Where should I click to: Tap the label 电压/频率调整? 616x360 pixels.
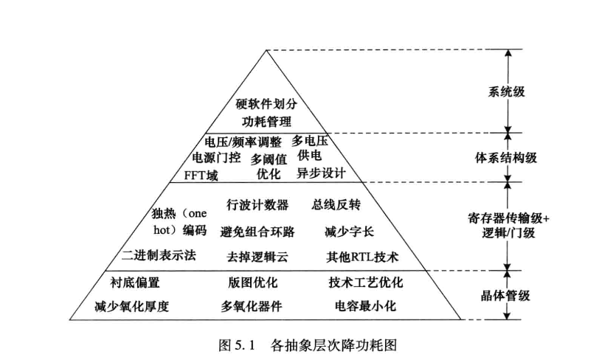[242, 142]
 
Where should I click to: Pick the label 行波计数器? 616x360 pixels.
[257, 204]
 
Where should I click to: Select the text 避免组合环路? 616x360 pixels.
[257, 232]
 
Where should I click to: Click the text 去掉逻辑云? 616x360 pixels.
[257, 257]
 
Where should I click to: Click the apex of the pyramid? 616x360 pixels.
[266, 49]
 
